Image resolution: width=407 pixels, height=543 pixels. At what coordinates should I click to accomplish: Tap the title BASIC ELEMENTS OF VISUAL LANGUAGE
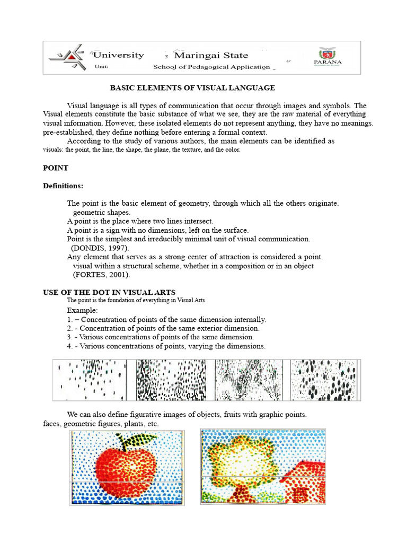click(192, 87)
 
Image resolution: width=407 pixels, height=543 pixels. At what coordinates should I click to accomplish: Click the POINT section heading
click(55, 168)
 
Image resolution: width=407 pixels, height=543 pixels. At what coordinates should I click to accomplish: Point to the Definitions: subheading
click(63, 186)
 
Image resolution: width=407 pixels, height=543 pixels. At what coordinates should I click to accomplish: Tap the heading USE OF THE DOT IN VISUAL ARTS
click(109, 292)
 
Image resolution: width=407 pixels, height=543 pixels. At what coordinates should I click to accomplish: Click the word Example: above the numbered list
click(82, 310)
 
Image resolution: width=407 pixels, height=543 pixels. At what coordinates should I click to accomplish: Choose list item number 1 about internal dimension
click(166, 319)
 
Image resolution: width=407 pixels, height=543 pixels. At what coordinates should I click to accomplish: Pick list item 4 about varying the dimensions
click(166, 346)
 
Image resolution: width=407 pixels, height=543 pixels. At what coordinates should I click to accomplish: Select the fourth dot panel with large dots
click(324, 380)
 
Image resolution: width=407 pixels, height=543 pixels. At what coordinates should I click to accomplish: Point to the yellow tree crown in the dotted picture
click(238, 456)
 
